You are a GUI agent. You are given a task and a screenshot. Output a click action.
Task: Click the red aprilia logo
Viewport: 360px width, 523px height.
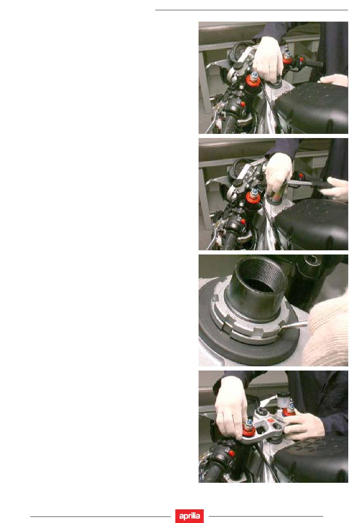pyautogui.click(x=189, y=515)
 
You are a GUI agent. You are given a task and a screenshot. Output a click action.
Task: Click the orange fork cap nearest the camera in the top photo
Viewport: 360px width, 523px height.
pyautogui.click(x=253, y=80)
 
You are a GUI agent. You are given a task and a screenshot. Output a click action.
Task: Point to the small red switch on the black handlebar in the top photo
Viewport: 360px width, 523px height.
pyautogui.click(x=243, y=104)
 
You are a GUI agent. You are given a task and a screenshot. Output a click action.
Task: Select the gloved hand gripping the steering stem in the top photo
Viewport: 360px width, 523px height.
pyautogui.click(x=268, y=60)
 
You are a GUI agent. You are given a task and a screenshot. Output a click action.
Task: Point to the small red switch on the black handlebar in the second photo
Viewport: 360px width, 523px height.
pyautogui.click(x=243, y=221)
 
